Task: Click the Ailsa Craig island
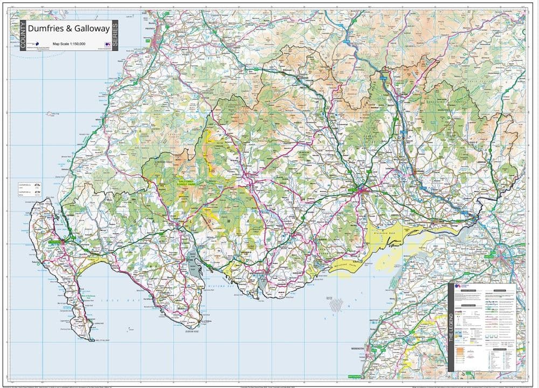[52, 114]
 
